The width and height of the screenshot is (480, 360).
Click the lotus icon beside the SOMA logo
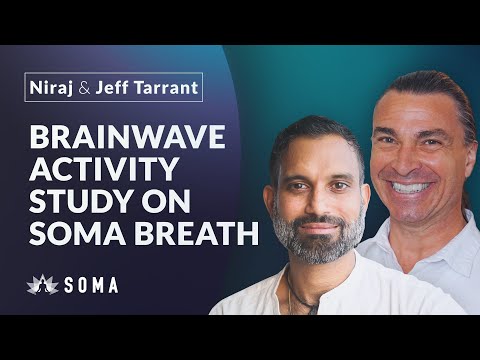point(40,286)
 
